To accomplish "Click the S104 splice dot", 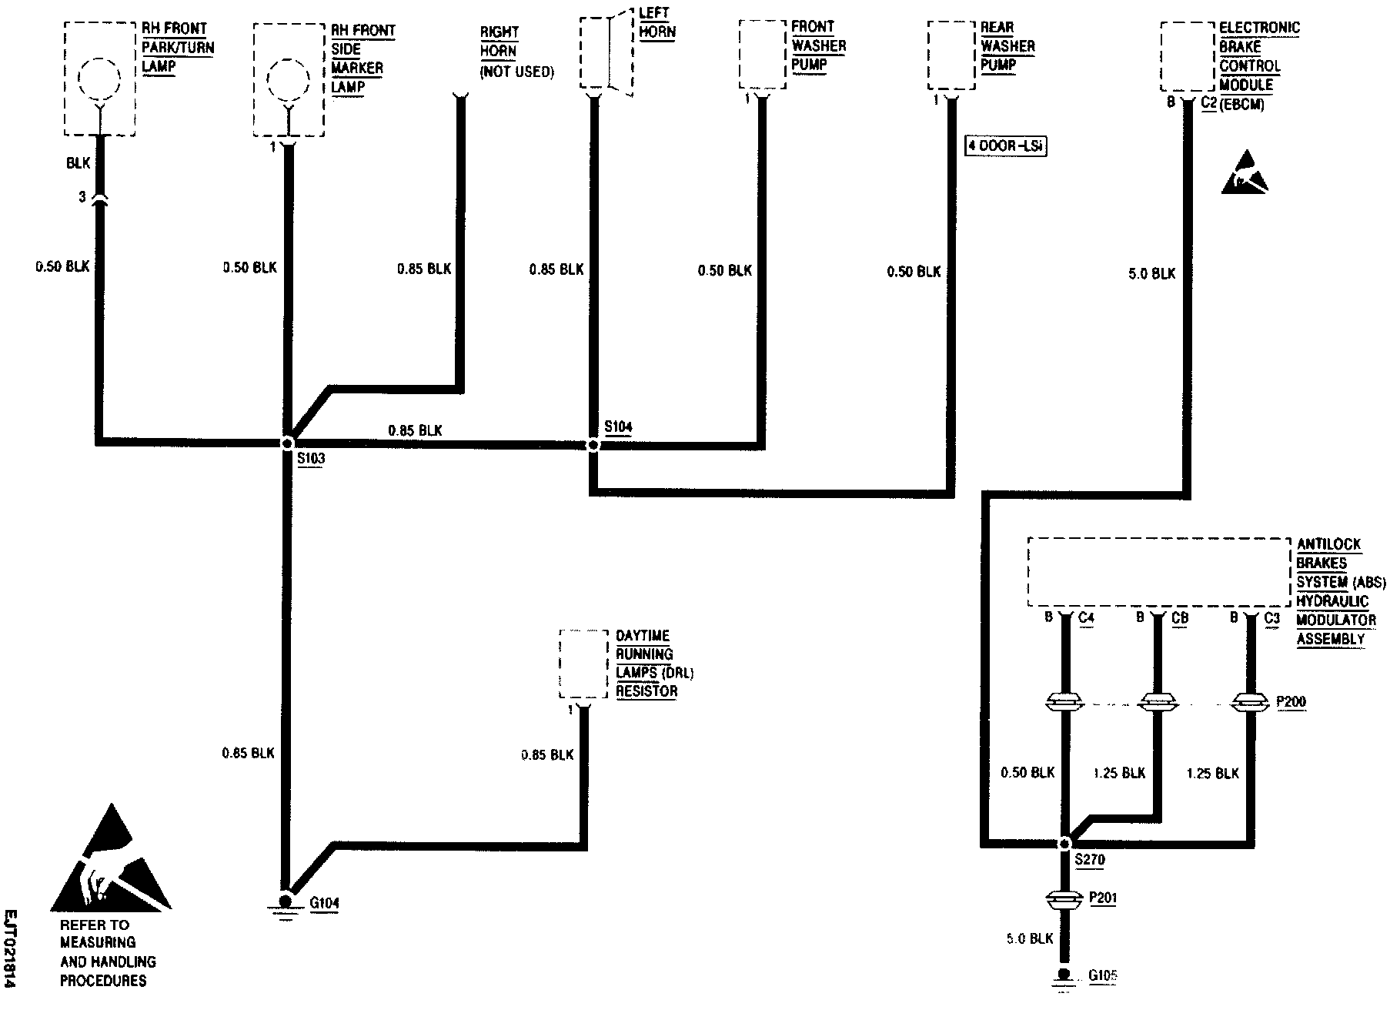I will coord(593,445).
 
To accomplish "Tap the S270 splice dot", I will coord(1065,844).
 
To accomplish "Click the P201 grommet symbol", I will coord(1065,898).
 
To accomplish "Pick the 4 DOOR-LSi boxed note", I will coord(1006,145).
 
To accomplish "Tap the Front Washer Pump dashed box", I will coord(763,54).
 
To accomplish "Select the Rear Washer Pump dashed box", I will coord(951,54).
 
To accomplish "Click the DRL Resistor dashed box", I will coord(583,664).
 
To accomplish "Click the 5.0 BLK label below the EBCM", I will coord(1151,273).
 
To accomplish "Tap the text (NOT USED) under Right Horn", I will coord(516,72).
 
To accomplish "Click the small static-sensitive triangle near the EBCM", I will coord(1244,173).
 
